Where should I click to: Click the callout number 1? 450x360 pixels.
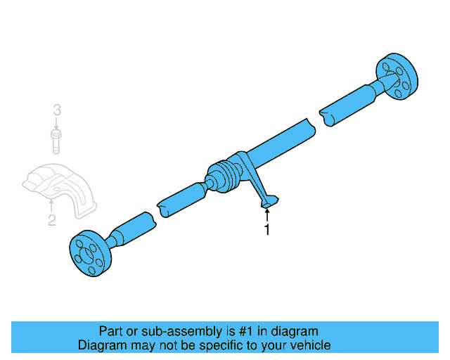pos(266,230)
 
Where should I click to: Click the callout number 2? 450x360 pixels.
pos(51,222)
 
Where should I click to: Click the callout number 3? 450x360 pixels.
pos(57,110)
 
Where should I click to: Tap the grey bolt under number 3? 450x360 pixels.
pos(56,140)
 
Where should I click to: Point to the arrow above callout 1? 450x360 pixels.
pos(267,214)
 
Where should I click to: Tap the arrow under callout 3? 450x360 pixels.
pos(57,123)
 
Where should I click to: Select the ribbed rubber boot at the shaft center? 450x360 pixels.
pos(224,179)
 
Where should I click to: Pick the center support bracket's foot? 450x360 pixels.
pos(269,203)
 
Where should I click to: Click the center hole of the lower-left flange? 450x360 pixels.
pos(88,256)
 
